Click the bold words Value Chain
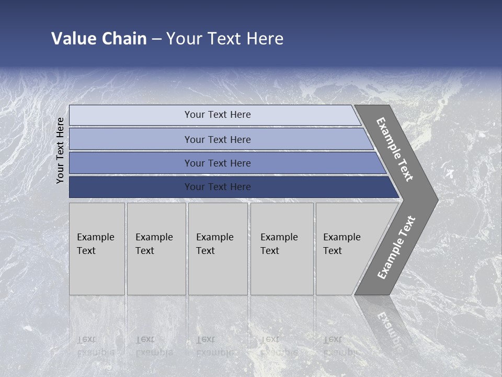pyautogui.click(x=99, y=39)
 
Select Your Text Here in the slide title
pyautogui.click(x=225, y=39)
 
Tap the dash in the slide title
pyautogui.click(x=156, y=39)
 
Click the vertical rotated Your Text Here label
pyautogui.click(x=61, y=150)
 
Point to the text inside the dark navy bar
pyautogui.click(x=218, y=187)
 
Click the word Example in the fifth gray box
pyautogui.click(x=342, y=237)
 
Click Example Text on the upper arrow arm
pyautogui.click(x=395, y=149)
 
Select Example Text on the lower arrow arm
pyautogui.click(x=396, y=247)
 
